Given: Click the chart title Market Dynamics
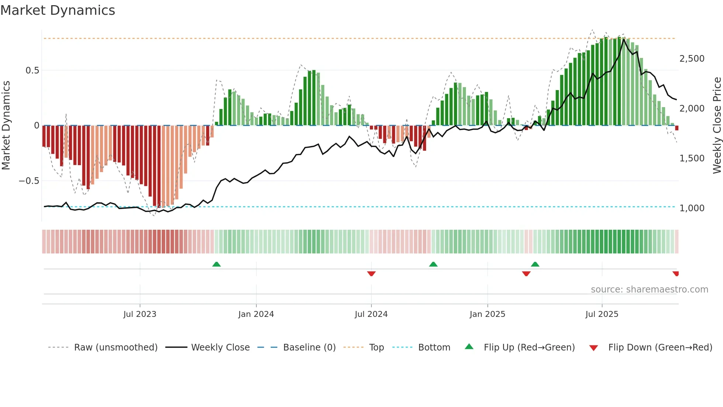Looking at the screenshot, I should tap(58, 10).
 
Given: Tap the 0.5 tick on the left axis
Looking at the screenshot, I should tap(32, 71).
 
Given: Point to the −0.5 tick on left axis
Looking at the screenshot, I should tap(29, 181).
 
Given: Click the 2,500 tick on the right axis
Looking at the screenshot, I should tap(692, 59).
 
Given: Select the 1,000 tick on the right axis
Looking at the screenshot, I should tap(692, 208).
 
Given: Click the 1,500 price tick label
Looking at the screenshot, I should tap(692, 158).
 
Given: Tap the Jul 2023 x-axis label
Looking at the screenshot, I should tap(140, 314).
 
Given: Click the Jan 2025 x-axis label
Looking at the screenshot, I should tap(487, 314).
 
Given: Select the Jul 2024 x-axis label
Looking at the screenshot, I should tap(371, 314).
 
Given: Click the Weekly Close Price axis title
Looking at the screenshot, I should tap(717, 126).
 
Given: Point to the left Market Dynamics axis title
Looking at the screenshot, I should tap(6, 126).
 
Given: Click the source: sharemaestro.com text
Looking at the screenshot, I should tap(649, 290).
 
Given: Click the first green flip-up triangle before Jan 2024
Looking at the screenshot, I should tap(217, 264).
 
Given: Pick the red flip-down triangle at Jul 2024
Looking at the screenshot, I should tap(371, 273).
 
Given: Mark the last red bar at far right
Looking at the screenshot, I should tap(677, 128).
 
